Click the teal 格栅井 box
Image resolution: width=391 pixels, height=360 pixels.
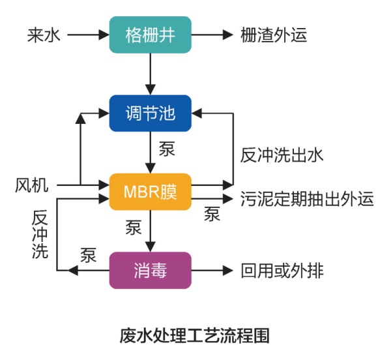click(x=151, y=35)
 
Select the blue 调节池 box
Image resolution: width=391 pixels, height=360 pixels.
click(x=151, y=113)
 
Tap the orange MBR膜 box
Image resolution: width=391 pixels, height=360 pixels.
click(x=151, y=192)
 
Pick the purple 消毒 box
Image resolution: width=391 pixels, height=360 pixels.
click(x=151, y=269)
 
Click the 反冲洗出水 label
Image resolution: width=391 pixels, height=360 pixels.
click(x=282, y=157)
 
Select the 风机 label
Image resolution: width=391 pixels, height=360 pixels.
click(x=31, y=186)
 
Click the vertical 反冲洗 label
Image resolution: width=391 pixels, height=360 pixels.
click(x=40, y=235)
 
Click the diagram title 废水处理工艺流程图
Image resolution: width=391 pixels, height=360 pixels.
click(x=195, y=336)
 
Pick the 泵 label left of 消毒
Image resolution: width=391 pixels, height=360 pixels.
click(x=89, y=255)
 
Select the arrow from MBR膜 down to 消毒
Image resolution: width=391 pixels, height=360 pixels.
click(x=151, y=231)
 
